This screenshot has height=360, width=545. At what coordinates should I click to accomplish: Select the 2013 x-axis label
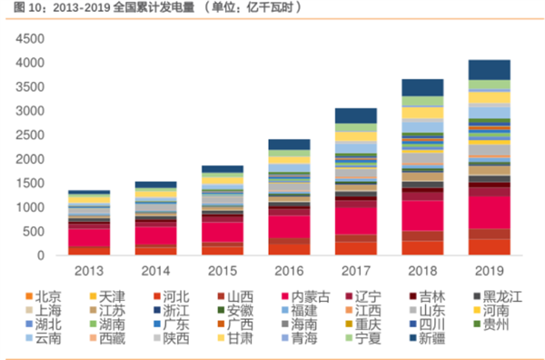tap(89, 271)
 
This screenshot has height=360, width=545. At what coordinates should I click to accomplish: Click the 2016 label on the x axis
tap(289, 271)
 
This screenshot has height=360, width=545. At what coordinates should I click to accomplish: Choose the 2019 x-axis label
tap(488, 271)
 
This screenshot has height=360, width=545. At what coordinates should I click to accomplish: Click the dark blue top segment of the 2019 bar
tap(488, 69)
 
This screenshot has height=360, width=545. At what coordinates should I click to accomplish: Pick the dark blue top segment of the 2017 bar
tap(355, 115)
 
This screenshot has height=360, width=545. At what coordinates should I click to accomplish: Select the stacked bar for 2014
tap(155, 218)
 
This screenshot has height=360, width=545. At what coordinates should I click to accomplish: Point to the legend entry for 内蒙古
tap(310, 296)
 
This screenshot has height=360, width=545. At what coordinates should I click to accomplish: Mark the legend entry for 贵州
tap(502, 324)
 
